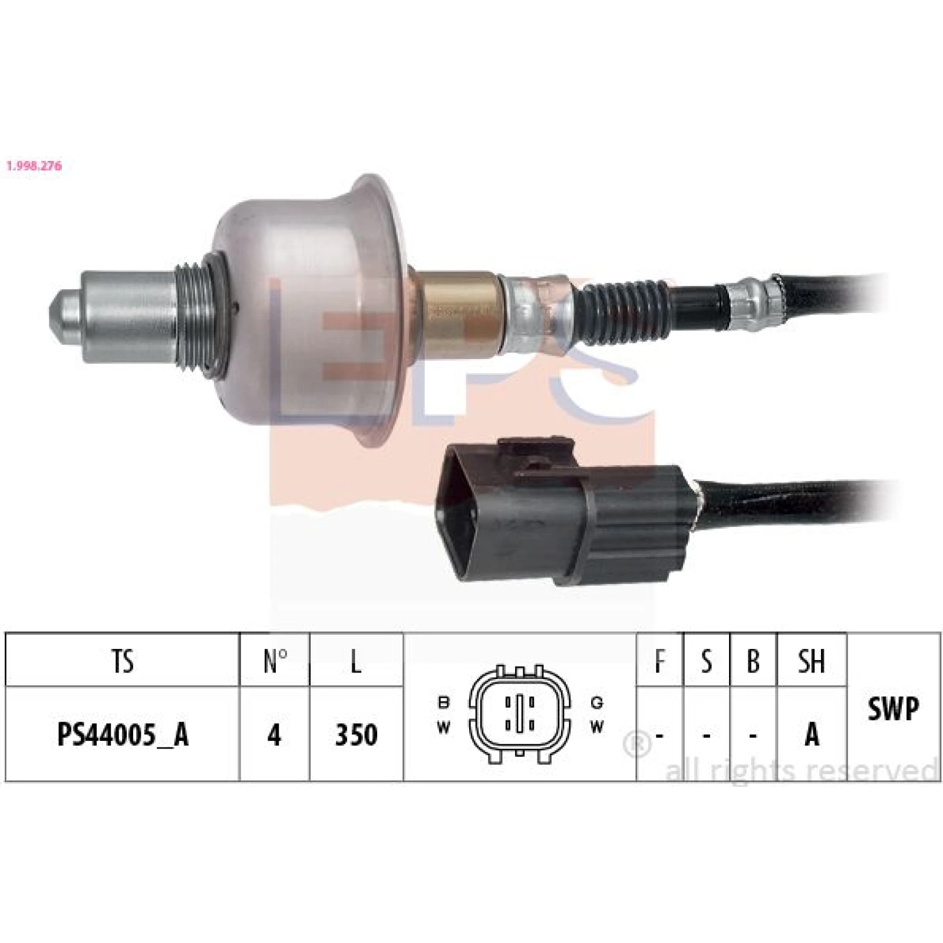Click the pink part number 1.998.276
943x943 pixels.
click(x=34, y=166)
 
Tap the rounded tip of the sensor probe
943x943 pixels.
click(x=62, y=318)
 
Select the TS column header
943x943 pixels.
click(x=123, y=661)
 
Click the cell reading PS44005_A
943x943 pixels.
click(x=123, y=734)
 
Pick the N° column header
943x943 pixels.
click(x=275, y=661)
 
